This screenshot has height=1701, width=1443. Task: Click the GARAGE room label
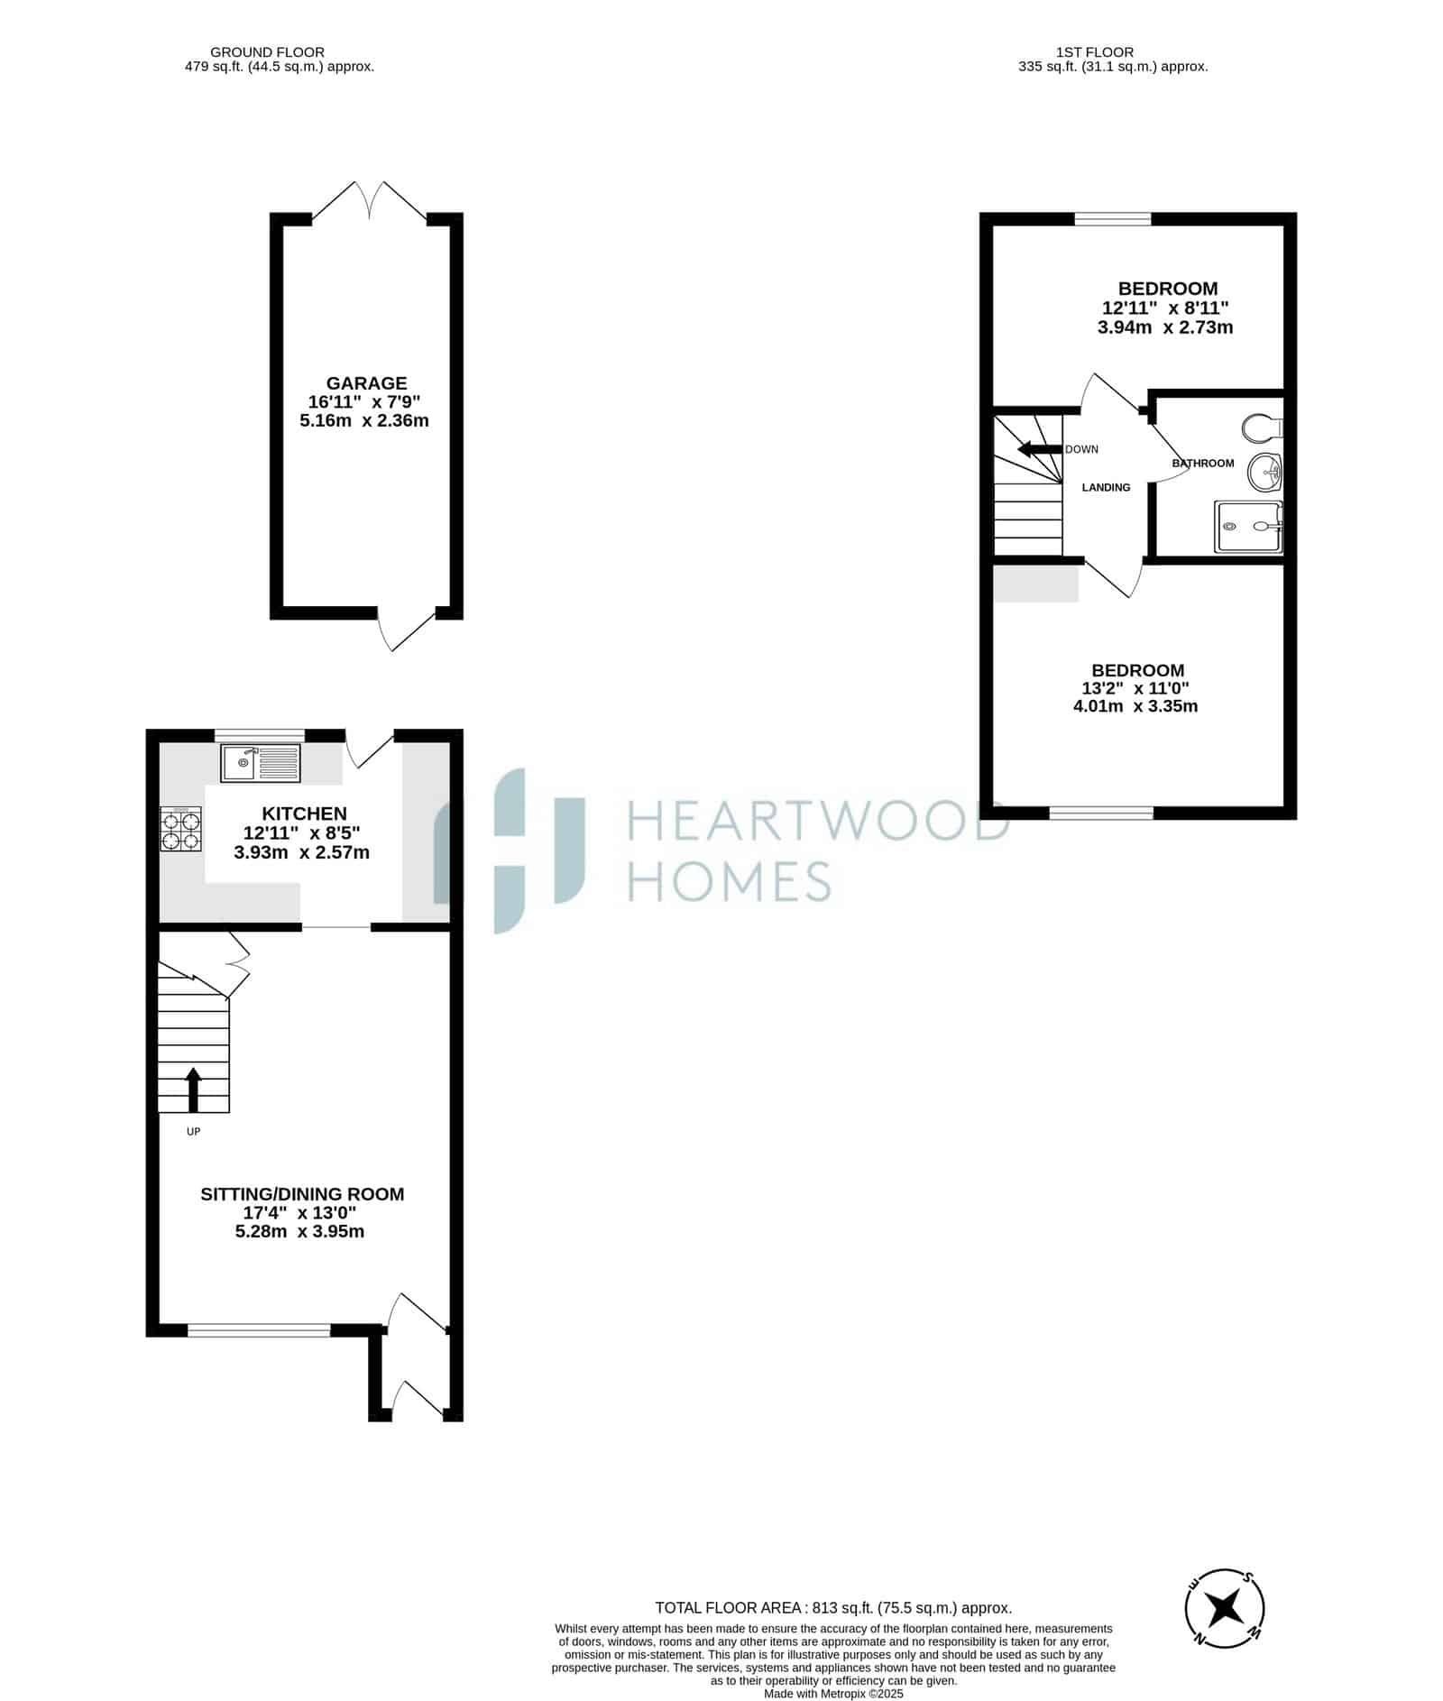366,383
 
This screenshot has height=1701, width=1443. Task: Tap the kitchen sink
260,763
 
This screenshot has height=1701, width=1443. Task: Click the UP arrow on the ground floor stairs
193,1090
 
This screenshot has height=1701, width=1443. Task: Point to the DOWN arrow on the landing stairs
1039,449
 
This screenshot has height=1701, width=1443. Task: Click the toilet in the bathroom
1262,427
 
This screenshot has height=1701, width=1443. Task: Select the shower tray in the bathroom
1249,527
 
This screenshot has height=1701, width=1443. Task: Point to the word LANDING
1106,488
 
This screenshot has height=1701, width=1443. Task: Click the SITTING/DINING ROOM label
302,1194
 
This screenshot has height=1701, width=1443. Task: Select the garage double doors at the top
370,200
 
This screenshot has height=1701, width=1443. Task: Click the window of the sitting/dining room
259,1329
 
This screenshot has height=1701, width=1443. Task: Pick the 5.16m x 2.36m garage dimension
364,420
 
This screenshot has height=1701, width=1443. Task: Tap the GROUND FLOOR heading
267,52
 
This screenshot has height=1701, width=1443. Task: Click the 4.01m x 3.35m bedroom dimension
1135,706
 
